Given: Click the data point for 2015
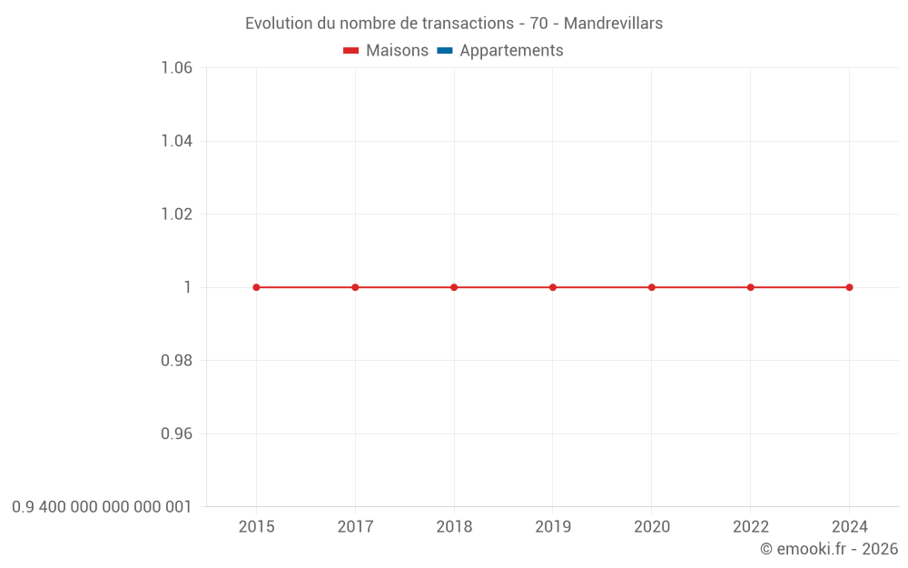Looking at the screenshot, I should [x=256, y=287].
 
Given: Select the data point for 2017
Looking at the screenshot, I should [x=355, y=287].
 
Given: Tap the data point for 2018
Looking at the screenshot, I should [x=454, y=287].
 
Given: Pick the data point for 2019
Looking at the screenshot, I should [x=553, y=287].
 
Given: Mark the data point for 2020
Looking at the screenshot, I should [x=652, y=287].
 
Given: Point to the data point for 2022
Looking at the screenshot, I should [x=751, y=287].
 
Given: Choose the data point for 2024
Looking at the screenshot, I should [x=849, y=287].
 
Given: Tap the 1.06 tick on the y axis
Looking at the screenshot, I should [x=176, y=67].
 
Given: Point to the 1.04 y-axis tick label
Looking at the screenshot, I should [x=176, y=141].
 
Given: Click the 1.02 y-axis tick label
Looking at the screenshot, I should [x=176, y=214].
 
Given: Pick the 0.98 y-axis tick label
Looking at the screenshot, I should [x=176, y=361].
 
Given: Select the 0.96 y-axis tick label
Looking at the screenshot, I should [x=176, y=433].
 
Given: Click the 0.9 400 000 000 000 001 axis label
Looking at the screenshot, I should [x=102, y=506].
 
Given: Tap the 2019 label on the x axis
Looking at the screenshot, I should [x=553, y=526].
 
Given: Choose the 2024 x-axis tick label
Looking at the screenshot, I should [x=849, y=526].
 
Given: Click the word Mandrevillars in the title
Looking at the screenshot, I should [x=613, y=24].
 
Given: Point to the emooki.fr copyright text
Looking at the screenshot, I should [x=829, y=549].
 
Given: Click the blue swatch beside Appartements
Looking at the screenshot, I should [x=445, y=51].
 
